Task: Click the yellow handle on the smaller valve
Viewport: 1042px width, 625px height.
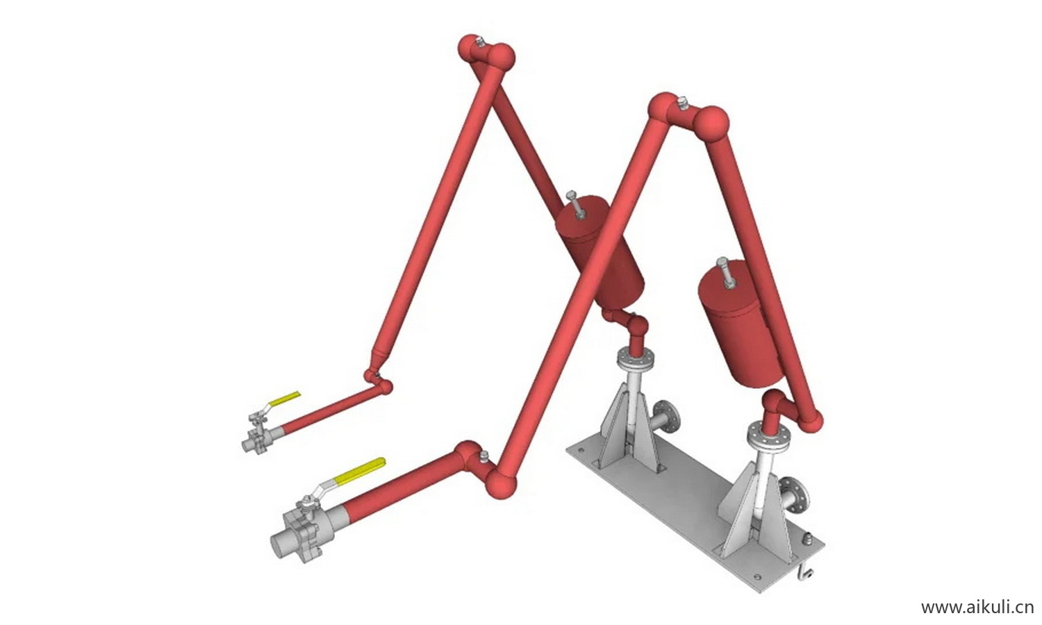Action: pos(285,399)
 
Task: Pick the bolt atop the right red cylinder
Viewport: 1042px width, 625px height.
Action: pos(725,274)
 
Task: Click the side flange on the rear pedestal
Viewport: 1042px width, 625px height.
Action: pos(667,422)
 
